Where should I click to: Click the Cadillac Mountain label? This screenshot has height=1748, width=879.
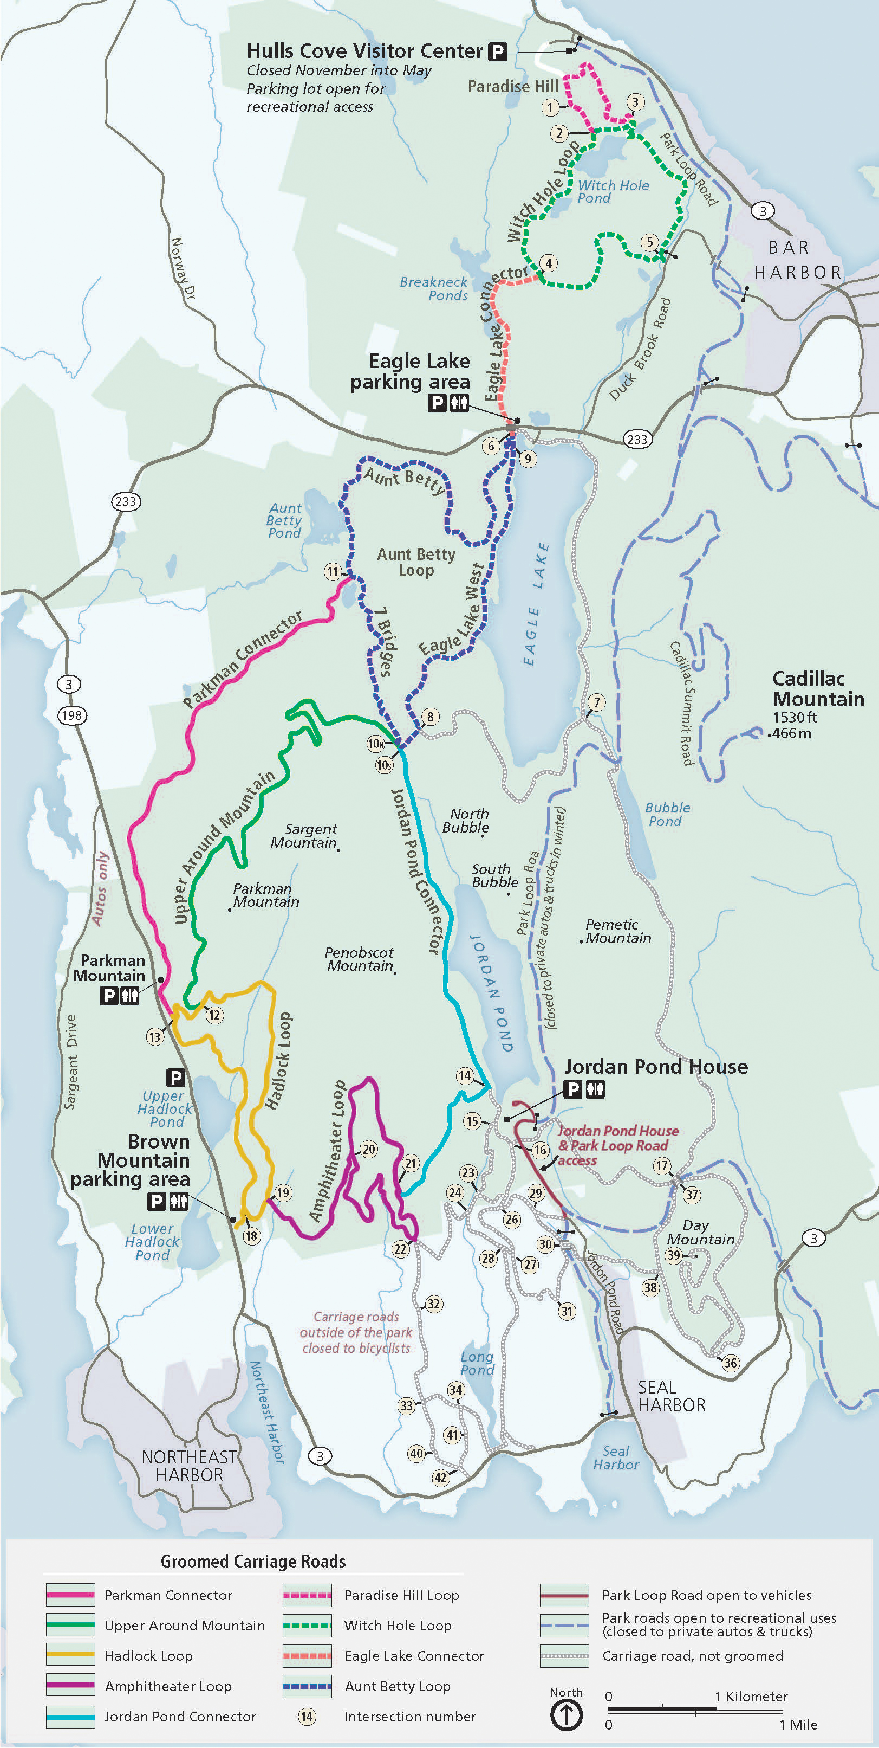click(x=818, y=689)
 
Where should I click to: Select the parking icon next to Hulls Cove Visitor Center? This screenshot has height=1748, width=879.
click(x=498, y=51)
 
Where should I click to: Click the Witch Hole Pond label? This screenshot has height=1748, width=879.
click(x=613, y=191)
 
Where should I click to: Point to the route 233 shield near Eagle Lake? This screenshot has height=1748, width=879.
click(x=637, y=439)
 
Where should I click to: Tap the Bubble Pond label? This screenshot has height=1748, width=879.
click(x=667, y=814)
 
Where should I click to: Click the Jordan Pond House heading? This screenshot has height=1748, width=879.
click(x=656, y=1067)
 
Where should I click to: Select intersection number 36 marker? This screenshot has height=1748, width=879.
click(x=730, y=1363)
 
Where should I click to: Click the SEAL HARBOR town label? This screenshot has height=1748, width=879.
click(x=672, y=1396)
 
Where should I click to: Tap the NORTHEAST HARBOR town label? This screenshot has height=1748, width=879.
click(x=189, y=1466)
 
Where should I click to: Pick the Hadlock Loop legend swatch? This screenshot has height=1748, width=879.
click(x=70, y=1655)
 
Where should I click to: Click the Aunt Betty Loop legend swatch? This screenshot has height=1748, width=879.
click(x=307, y=1686)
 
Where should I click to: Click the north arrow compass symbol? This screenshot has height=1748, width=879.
click(x=567, y=1716)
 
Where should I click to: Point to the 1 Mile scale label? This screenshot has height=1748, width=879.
click(x=798, y=1724)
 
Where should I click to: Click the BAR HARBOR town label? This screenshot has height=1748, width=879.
click(x=796, y=260)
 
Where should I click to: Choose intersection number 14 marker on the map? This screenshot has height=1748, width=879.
click(x=465, y=1075)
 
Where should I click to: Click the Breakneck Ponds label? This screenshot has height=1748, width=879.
click(x=434, y=288)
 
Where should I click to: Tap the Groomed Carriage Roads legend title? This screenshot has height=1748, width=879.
click(x=253, y=1562)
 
